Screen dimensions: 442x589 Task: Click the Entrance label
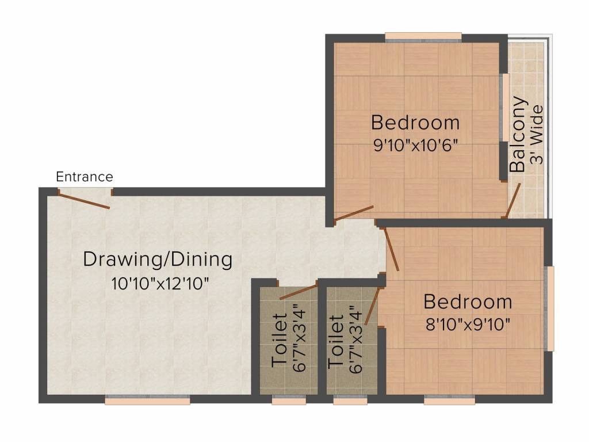coord(85,177)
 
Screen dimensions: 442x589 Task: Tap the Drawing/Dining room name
coord(158,260)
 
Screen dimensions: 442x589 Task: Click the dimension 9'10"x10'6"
coord(415,145)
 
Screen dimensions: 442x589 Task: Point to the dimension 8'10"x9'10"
coord(467,325)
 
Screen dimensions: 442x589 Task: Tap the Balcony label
coord(518,135)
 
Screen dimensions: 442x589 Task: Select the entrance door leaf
coord(84,200)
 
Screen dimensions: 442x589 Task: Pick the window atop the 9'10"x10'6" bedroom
coord(423,37)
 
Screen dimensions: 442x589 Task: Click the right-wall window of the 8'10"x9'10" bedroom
coord(550,308)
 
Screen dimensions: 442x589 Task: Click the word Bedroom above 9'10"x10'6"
coord(415,123)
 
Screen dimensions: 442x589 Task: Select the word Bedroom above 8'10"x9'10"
coord(467,302)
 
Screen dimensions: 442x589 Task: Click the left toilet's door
coord(299,291)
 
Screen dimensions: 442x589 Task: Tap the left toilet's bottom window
coord(289,401)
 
